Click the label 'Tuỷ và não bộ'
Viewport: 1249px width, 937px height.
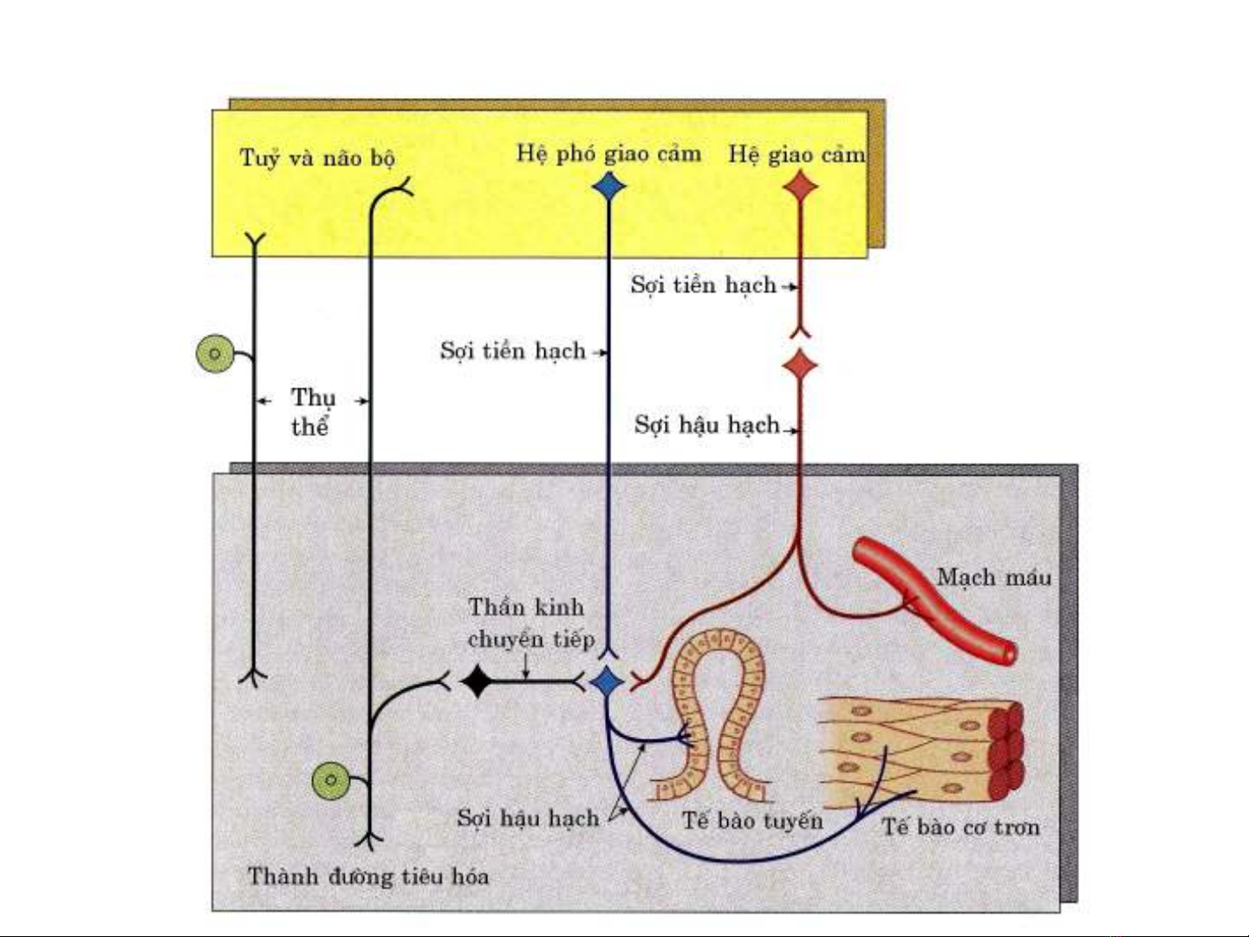(317, 159)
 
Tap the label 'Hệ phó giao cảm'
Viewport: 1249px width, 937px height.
(608, 153)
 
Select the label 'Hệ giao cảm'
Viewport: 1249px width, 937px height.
(796, 154)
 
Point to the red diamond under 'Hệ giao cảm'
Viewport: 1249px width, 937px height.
(800, 186)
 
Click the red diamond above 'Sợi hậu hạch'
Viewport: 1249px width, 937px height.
(800, 365)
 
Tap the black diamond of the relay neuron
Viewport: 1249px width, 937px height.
(477, 681)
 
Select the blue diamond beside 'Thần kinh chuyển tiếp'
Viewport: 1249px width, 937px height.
(608, 681)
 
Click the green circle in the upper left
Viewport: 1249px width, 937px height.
(215, 354)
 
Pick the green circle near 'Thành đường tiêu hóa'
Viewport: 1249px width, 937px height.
(331, 780)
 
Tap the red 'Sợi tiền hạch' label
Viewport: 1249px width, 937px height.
(703, 285)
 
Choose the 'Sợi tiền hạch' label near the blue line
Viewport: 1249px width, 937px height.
(512, 351)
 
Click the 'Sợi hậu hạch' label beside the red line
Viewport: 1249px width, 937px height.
(706, 425)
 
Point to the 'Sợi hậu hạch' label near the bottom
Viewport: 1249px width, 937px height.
(528, 818)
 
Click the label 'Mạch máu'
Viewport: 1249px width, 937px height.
(993, 577)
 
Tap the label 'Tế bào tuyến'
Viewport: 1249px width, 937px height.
(752, 820)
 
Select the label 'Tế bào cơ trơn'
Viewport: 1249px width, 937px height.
(960, 827)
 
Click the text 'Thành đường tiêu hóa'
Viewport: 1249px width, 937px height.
(368, 876)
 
